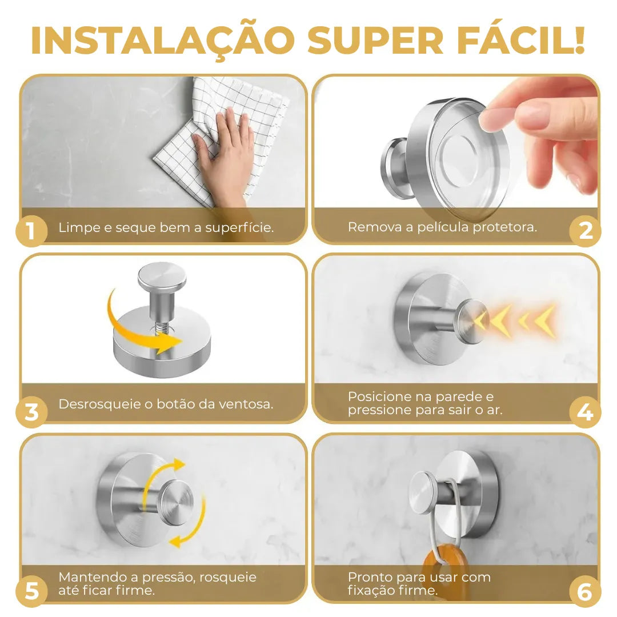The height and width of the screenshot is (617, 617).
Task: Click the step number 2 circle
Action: (585, 231)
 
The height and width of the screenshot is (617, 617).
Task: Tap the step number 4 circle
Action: (585, 412)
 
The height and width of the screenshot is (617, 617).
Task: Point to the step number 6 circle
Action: (585, 592)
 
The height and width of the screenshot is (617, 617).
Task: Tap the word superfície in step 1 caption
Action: (239, 227)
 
